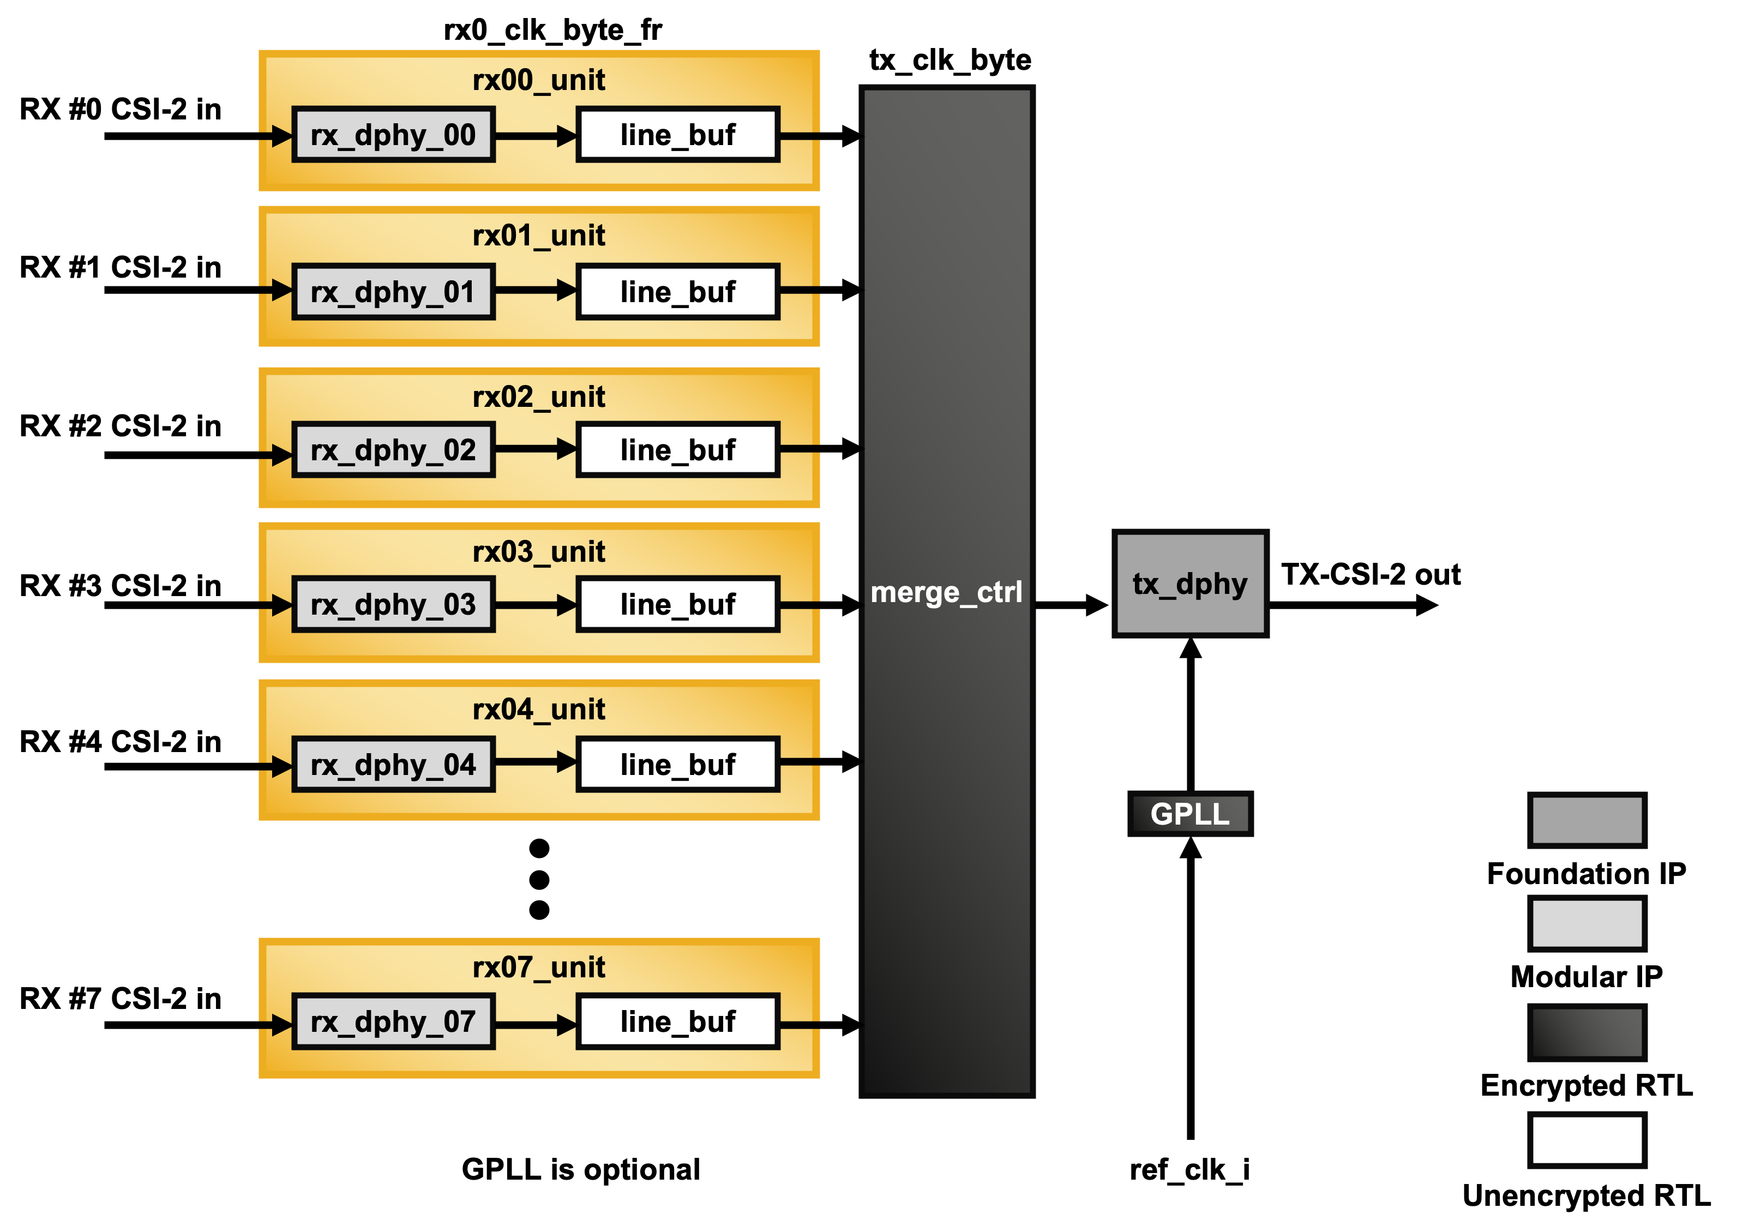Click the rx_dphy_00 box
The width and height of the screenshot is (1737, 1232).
coord(393,135)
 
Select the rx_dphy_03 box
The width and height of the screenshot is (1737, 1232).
coord(393,605)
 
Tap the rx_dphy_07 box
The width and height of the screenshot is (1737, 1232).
coord(393,1022)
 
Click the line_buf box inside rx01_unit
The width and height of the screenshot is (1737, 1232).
coord(677,292)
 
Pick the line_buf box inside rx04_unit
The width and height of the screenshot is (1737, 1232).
coord(677,765)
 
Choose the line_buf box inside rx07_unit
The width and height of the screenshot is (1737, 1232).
coord(677,1022)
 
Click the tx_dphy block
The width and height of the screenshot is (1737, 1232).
coord(1189,584)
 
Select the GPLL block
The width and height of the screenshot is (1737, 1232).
coord(1189,814)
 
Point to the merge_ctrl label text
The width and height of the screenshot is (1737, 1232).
coord(946,592)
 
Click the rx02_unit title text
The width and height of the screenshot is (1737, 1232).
coord(538,396)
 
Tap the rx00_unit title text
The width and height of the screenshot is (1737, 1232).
coord(538,80)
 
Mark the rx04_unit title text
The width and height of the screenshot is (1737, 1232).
coord(538,710)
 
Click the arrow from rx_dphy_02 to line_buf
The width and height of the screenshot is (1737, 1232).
coord(536,449)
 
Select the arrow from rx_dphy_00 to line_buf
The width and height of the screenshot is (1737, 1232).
coord(536,136)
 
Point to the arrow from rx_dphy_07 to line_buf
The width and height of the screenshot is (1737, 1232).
coord(536,1025)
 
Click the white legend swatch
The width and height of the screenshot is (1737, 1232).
coord(1587,1139)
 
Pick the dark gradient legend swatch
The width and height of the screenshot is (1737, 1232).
coord(1587,1032)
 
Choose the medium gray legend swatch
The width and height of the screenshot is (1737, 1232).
coord(1587,820)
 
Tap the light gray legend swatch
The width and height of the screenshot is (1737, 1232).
coord(1587,923)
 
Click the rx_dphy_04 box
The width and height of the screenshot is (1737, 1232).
coord(393,765)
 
